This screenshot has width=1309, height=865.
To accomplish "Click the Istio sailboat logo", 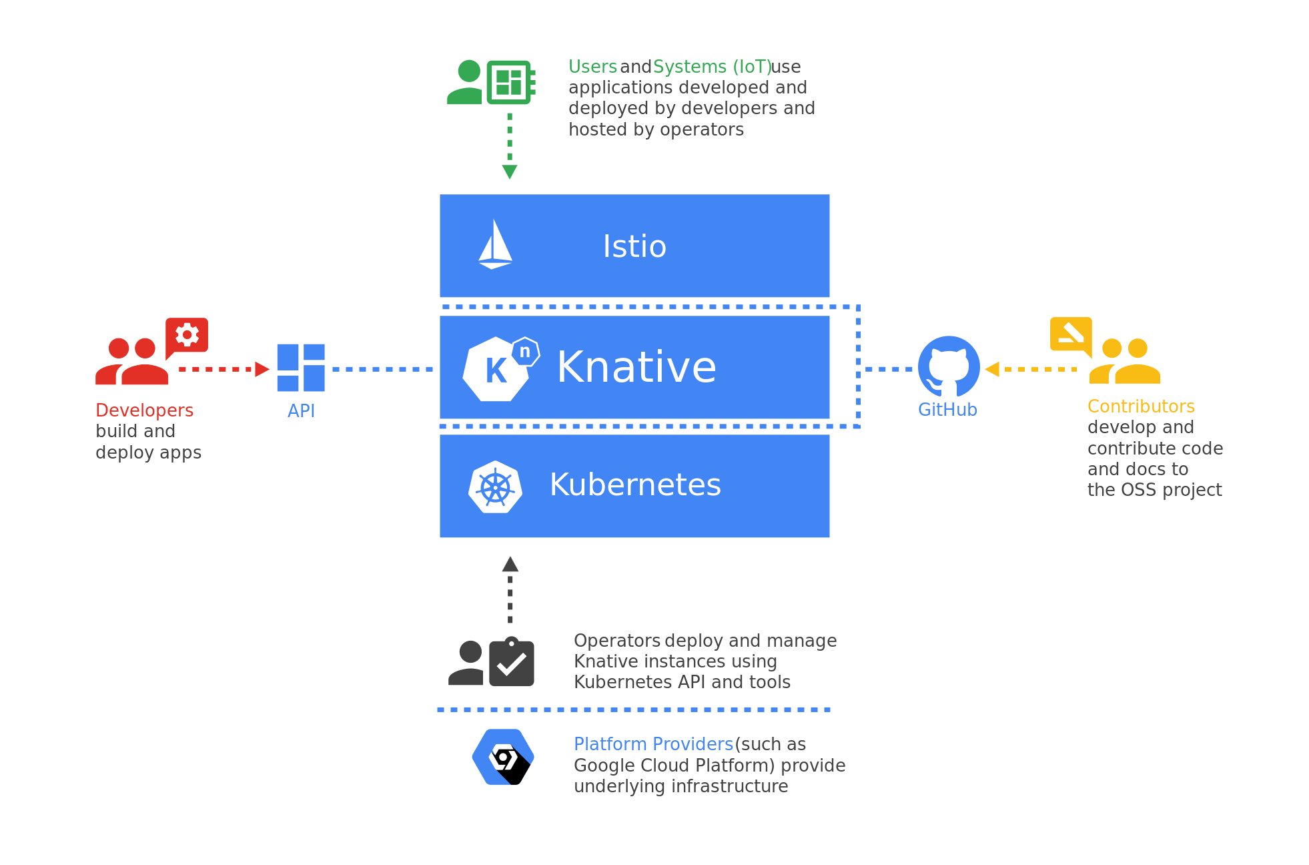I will click(x=495, y=245).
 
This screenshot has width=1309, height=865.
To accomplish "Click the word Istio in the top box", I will click(x=634, y=246).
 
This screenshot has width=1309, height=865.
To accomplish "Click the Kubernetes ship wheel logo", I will click(x=495, y=487).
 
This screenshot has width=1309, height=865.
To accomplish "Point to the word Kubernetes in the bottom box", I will click(x=635, y=485).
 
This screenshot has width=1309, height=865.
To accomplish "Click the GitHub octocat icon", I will click(x=948, y=366).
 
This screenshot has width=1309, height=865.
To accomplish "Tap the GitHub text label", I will click(x=947, y=410).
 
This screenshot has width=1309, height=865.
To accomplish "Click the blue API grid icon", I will click(x=301, y=368).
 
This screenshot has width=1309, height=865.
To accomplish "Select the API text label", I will click(x=301, y=411).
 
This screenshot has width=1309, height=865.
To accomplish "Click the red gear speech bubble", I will click(x=187, y=335).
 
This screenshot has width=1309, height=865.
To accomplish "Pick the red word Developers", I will click(x=144, y=410).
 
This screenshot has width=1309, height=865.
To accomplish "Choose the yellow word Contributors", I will click(x=1141, y=406).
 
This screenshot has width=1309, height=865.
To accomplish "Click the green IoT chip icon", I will click(x=510, y=82).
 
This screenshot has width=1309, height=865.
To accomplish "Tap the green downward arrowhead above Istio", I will click(x=510, y=172).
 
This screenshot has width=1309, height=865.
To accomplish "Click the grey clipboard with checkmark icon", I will click(x=512, y=663).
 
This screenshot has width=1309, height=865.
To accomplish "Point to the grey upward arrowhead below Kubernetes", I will click(x=510, y=565).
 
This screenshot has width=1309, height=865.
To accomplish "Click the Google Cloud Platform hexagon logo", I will click(x=503, y=758).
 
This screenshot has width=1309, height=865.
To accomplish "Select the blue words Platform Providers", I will click(x=653, y=744).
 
